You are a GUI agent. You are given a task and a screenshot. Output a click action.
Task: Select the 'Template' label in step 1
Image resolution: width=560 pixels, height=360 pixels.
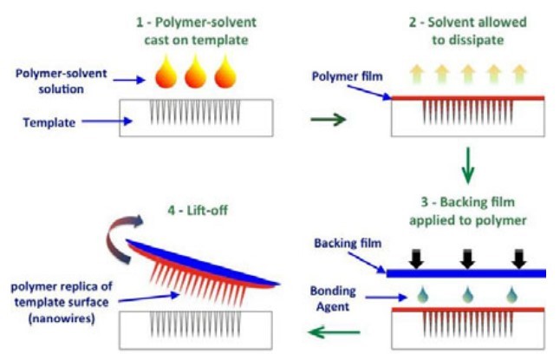[x=48, y=122]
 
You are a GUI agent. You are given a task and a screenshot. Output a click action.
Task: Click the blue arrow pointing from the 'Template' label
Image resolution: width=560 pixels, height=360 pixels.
[x=112, y=122]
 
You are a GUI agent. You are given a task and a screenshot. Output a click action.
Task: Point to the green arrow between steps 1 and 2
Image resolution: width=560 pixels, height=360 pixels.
[x=327, y=118]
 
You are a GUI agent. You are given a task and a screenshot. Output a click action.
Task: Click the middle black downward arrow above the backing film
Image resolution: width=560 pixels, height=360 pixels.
[x=469, y=257]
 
